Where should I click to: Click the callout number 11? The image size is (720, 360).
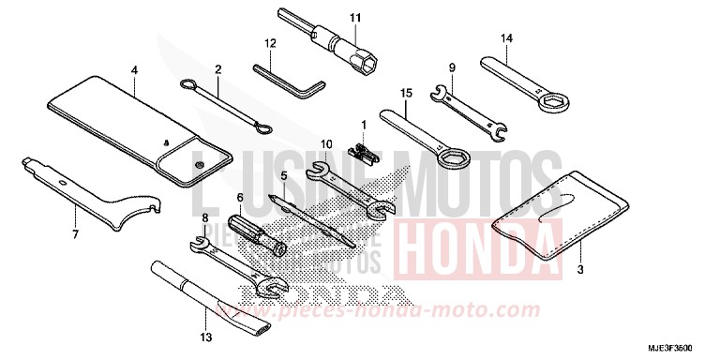click(355, 17)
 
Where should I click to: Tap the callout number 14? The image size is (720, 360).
click(506, 38)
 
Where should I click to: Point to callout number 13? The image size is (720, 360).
click(207, 337)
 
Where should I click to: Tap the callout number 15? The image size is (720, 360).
click(406, 94)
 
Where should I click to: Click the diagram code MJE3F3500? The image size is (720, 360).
click(682, 348)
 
